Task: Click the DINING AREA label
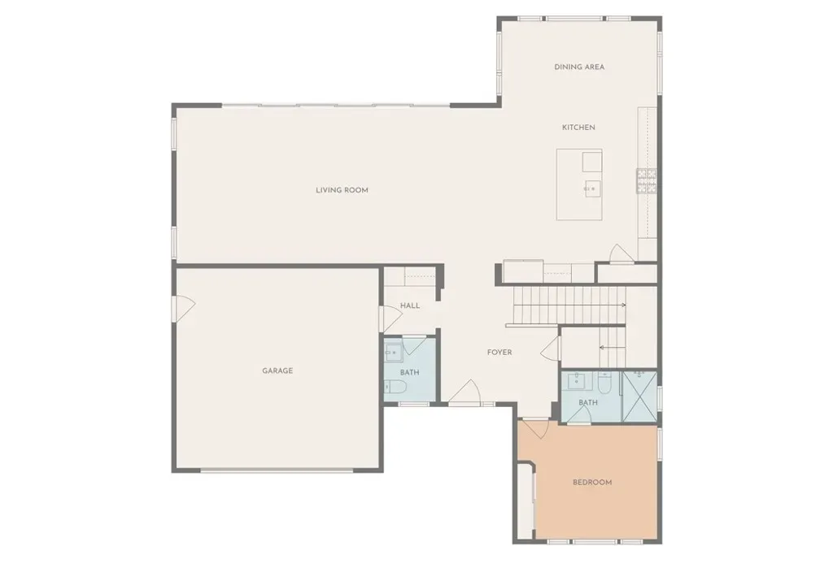[579, 67]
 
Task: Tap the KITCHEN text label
[578, 128]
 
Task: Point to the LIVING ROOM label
[342, 190]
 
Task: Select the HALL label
[410, 305]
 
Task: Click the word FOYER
[499, 352]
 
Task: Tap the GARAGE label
[277, 370]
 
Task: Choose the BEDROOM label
[592, 483]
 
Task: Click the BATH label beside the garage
[410, 373]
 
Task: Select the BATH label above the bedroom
[588, 402]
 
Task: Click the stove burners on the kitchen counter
[647, 180]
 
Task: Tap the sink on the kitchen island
[591, 188]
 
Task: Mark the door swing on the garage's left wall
[185, 309]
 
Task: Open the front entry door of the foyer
[464, 392]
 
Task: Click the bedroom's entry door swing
[535, 428]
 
